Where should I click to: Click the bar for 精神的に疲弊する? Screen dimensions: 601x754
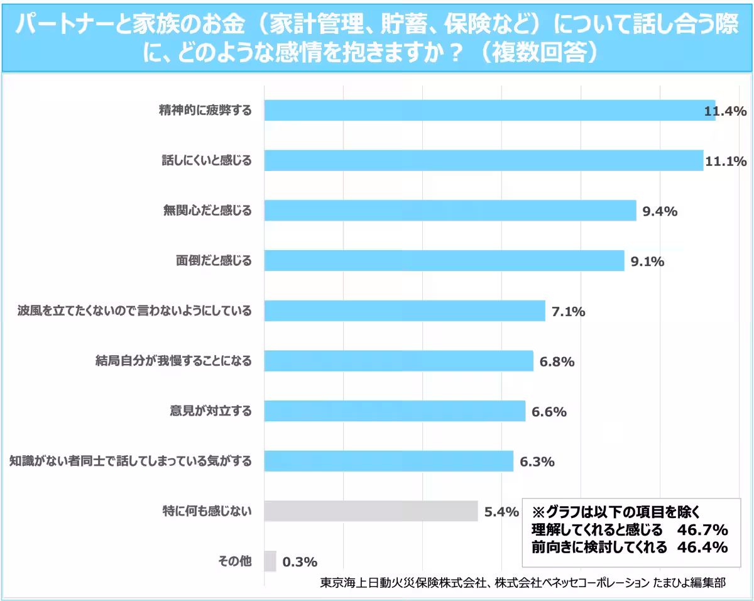[489, 110]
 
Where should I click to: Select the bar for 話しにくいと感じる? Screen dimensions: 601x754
[483, 160]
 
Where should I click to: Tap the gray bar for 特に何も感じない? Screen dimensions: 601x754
[371, 511]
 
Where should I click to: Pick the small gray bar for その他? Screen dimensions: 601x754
[270, 561]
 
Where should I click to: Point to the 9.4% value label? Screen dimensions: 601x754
[659, 211]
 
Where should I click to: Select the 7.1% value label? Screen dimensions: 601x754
[568, 311]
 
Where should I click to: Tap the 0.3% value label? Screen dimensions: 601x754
[300, 561]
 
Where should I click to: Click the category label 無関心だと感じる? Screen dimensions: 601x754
[207, 211]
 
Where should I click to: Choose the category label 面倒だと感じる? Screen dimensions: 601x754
[213, 260]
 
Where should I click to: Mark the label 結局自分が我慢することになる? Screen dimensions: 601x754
[173, 361]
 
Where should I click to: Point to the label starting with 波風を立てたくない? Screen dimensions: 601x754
[134, 311]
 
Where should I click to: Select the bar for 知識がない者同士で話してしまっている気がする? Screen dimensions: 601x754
[388, 461]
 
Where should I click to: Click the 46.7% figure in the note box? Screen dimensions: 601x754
[702, 528]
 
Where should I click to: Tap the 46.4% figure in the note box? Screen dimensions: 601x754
[702, 546]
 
